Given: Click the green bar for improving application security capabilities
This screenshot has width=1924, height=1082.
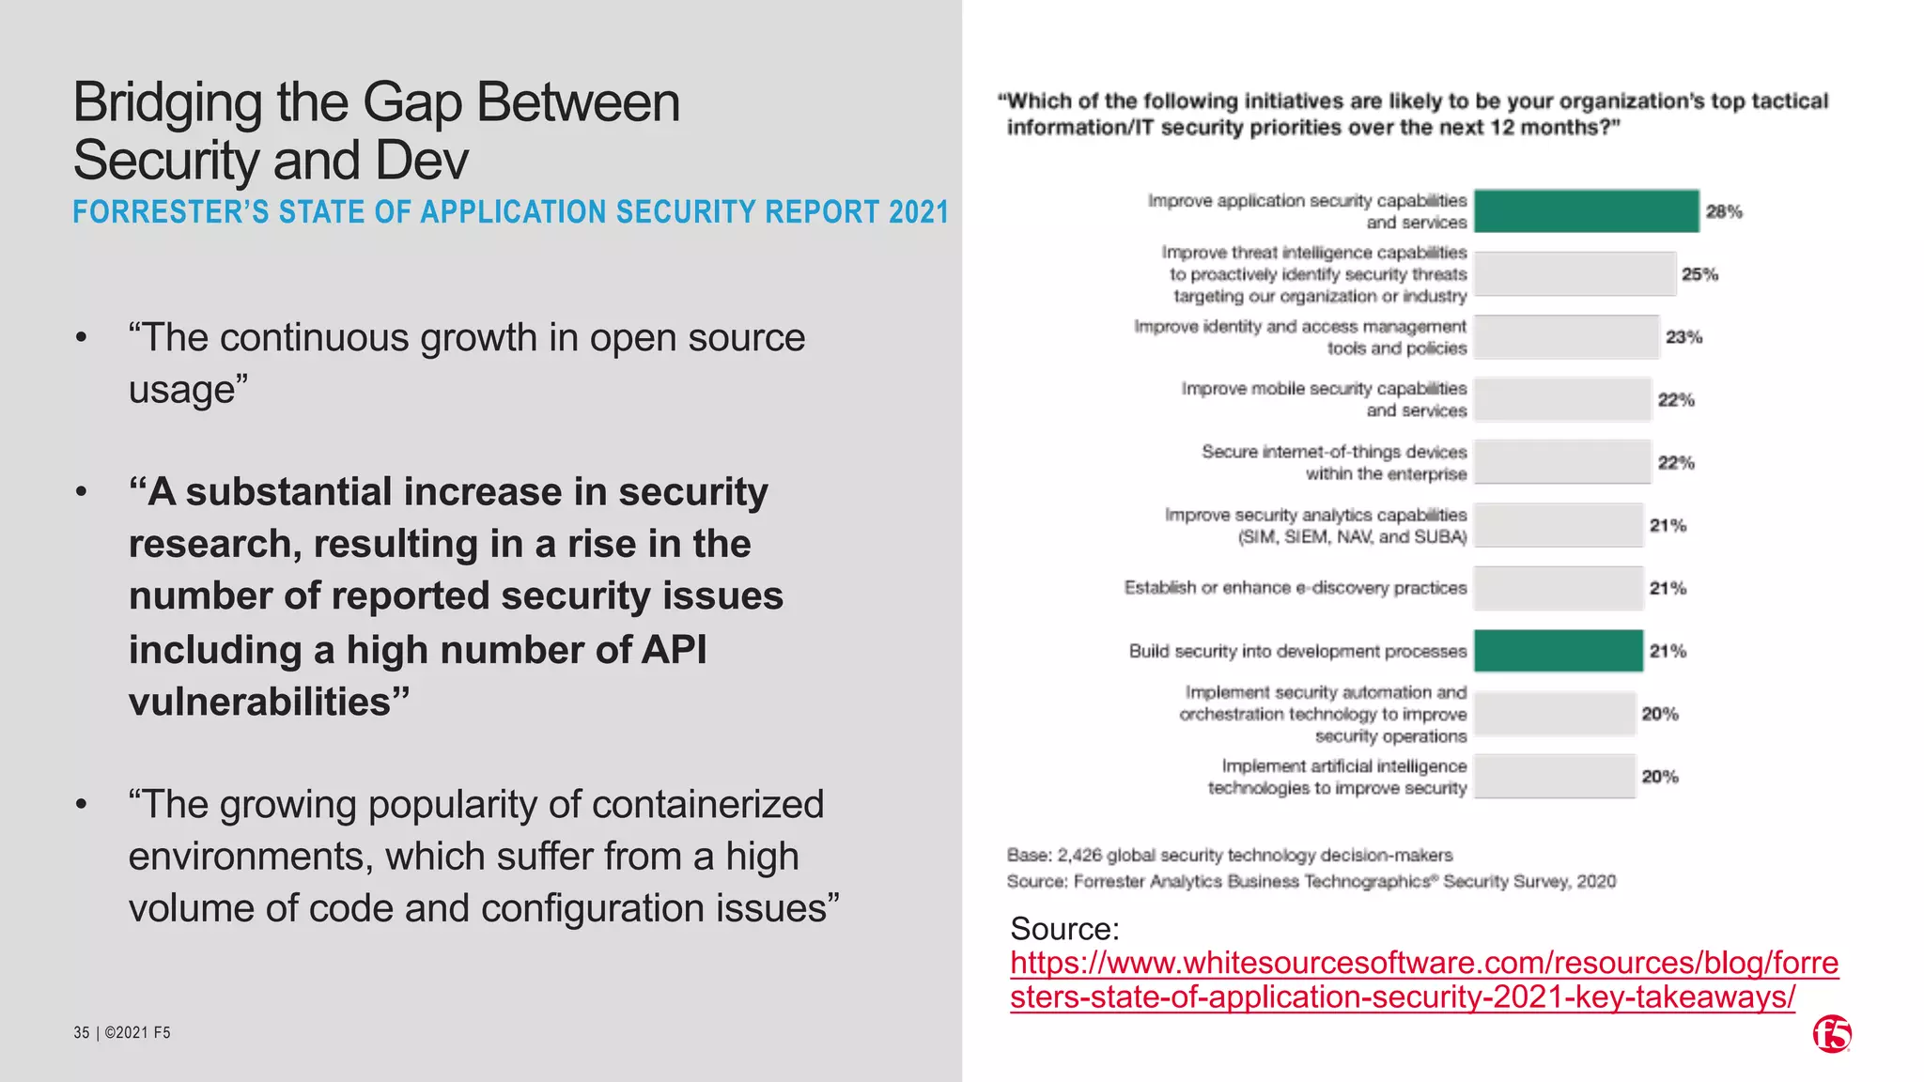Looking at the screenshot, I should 1586,211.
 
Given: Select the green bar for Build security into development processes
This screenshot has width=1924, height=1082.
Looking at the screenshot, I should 1558,651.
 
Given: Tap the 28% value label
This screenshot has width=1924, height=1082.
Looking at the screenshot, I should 1724,212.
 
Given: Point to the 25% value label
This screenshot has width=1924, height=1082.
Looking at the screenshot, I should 1699,274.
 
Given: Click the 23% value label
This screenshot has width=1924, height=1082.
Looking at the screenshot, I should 1683,337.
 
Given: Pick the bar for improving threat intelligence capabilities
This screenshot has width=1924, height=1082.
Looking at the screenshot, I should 1575,274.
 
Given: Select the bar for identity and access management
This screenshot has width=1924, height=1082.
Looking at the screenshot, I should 1566,337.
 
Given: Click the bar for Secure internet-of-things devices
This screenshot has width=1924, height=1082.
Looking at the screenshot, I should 1562,462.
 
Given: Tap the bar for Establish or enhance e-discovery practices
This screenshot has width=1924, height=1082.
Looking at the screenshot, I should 1558,588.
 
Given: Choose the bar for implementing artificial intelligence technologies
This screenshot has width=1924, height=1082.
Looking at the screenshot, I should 1554,777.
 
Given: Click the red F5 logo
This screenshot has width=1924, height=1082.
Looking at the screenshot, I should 1832,1034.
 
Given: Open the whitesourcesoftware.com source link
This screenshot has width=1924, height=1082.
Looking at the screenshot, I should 1423,980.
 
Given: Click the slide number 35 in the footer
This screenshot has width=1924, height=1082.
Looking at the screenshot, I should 82,1033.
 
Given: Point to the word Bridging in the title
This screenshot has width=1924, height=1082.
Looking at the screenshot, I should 167,103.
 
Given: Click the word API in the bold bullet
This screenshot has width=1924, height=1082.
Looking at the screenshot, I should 674,650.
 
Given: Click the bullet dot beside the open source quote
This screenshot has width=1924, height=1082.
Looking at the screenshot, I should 83,337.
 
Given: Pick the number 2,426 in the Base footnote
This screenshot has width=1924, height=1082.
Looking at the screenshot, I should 1078,856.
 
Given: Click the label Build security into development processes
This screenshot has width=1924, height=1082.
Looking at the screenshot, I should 1297,651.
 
